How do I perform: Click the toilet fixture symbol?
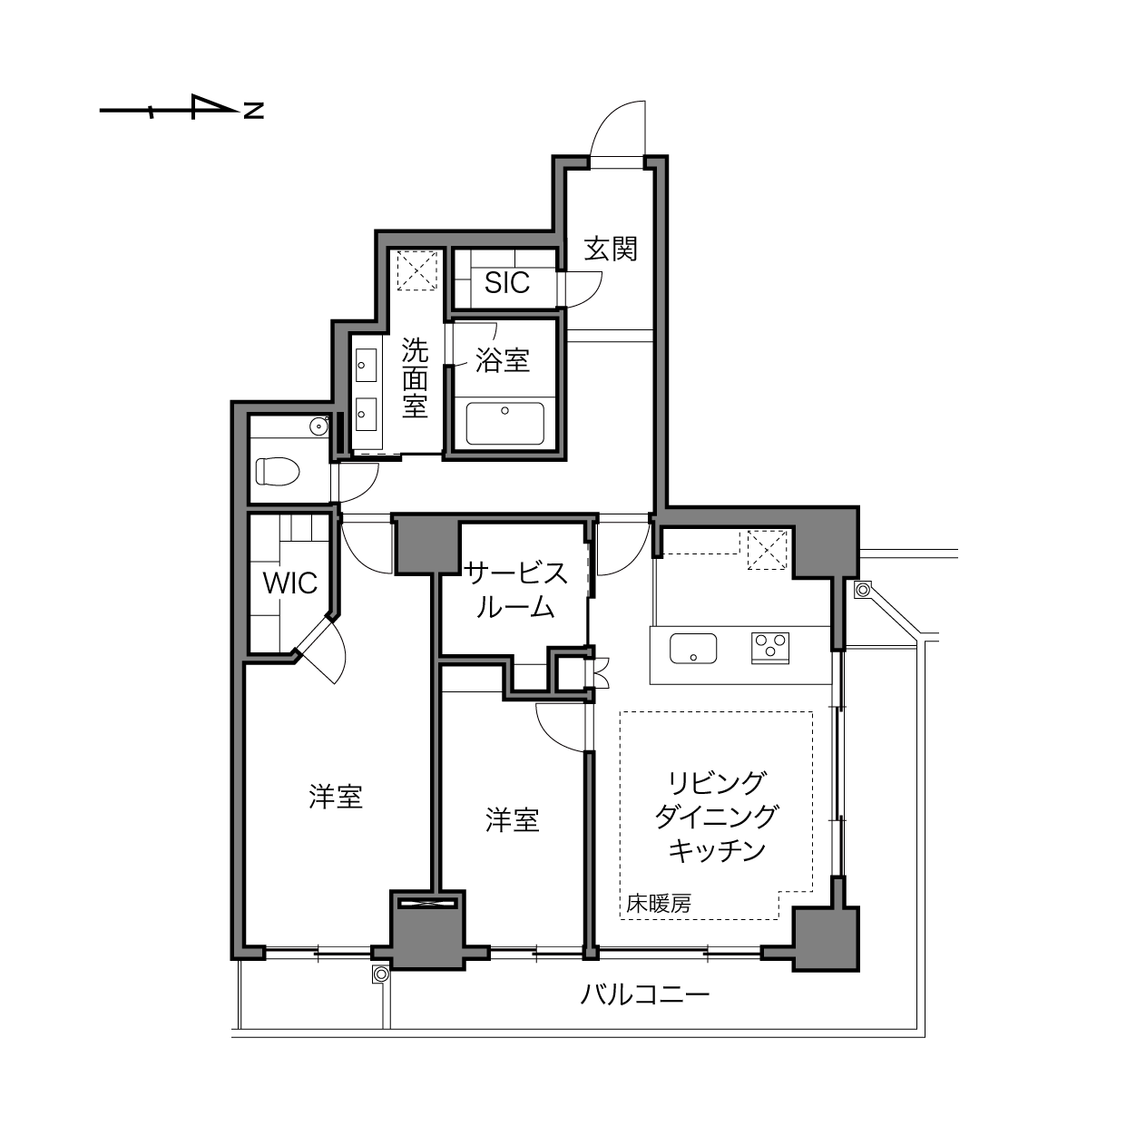pyautogui.click(x=278, y=472)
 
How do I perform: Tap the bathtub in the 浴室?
pyautogui.click(x=504, y=423)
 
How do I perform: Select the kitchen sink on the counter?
pyautogui.click(x=693, y=649)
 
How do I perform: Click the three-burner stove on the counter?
pyautogui.click(x=770, y=648)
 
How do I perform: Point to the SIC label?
pyautogui.click(x=507, y=283)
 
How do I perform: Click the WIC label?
pyautogui.click(x=290, y=583)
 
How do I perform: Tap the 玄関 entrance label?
pyautogui.click(x=611, y=250)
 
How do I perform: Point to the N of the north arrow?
pyautogui.click(x=254, y=110)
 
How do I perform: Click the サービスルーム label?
pyautogui.click(x=515, y=590)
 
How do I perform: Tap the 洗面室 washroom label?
pyautogui.click(x=415, y=377)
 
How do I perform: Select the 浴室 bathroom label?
pyautogui.click(x=503, y=360)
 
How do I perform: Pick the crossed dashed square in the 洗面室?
pyautogui.click(x=417, y=270)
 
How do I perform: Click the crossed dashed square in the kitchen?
pyautogui.click(x=767, y=550)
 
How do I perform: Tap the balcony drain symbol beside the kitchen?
pyautogui.click(x=863, y=589)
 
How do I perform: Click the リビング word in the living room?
pyautogui.click(x=717, y=783)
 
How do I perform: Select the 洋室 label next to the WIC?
pyautogui.click(x=336, y=797)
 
